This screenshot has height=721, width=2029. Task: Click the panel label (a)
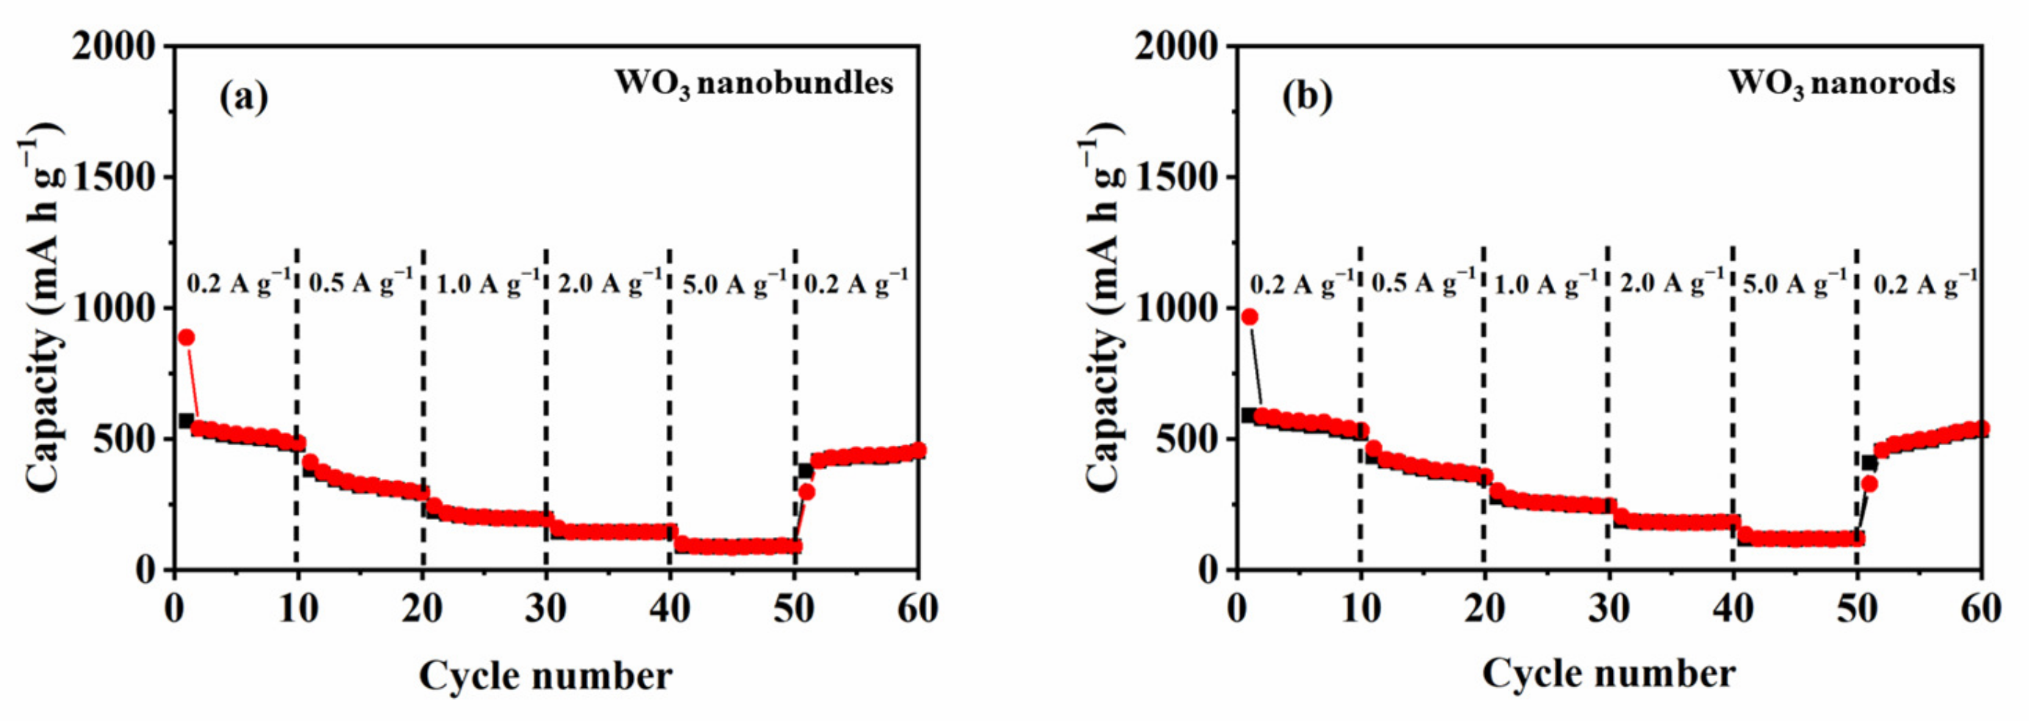click(243, 98)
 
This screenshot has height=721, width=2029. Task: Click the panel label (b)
click(1308, 98)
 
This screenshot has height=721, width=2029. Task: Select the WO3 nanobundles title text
click(754, 84)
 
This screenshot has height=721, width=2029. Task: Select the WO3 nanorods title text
click(1842, 84)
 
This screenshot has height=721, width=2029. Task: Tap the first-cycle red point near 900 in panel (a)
click(186, 337)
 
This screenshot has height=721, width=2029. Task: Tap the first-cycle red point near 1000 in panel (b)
click(1250, 317)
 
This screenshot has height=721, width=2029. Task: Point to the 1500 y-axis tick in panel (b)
click(1178, 177)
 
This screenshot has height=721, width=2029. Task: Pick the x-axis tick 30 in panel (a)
click(545, 608)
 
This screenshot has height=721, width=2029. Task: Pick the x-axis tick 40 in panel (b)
click(1733, 608)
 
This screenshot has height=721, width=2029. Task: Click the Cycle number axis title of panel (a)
click(545, 675)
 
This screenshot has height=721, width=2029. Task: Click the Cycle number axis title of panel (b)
click(1608, 674)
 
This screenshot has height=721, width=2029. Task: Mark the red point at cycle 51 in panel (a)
click(806, 491)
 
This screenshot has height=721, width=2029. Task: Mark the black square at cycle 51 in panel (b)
click(1868, 464)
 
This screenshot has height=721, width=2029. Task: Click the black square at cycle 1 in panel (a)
click(186, 421)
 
